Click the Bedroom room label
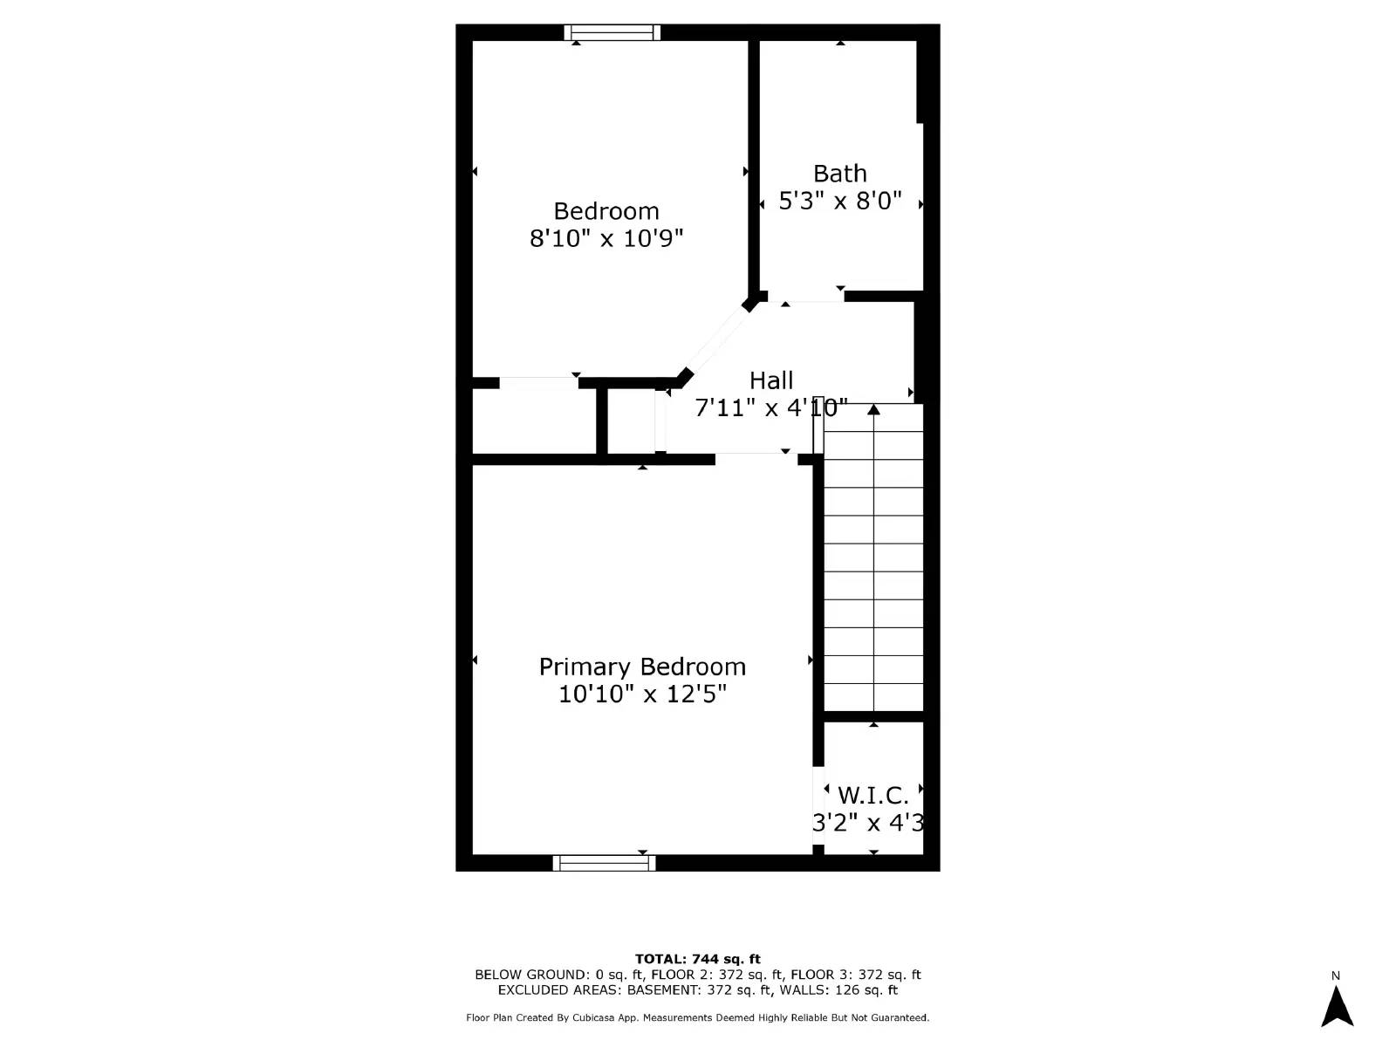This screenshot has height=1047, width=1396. pos(606,211)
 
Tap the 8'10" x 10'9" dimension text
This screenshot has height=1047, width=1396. pos(606,238)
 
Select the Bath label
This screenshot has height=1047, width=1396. pos(839,174)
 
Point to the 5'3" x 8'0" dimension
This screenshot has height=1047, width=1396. pos(839,201)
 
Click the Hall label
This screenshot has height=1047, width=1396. pos(771,380)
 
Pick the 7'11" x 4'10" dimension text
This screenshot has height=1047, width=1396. pos(771,407)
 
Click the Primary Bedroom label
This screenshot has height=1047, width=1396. pos(642,667)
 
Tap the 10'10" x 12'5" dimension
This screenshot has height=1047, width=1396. pos(642,694)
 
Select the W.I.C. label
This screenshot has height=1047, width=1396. pos(872,796)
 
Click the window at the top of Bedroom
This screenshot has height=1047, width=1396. pos(612,33)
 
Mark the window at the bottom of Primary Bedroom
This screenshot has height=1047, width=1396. pos(604,863)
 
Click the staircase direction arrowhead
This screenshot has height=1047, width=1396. pos(873,409)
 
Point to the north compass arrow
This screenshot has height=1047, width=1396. pos(1336,1007)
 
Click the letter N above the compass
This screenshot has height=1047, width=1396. pos(1336,975)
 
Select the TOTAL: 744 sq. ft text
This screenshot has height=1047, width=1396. pos(697,959)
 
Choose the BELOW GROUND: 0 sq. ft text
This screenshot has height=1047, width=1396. pos(558,975)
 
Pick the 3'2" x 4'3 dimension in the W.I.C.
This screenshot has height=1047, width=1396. pos(868,823)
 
